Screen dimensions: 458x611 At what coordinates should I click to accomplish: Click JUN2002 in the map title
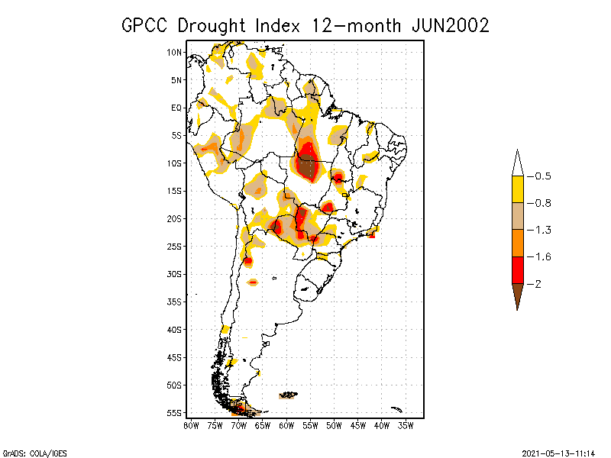[450, 24]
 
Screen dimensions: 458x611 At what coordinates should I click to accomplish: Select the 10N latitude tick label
[175, 52]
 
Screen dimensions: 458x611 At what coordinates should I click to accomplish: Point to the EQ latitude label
[176, 108]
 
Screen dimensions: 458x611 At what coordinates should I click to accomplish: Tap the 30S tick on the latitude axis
[175, 274]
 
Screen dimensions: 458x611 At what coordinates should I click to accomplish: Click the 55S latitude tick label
[175, 413]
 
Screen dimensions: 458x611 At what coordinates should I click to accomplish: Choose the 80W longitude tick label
[191, 424]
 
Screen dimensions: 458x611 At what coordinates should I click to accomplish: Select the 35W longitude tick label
[406, 424]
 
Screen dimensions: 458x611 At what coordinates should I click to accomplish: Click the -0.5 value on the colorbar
[543, 176]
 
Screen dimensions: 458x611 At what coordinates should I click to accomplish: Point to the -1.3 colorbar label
[543, 230]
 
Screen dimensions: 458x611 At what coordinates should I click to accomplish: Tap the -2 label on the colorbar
[539, 283]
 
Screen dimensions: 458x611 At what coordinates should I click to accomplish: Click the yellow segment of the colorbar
[517, 189]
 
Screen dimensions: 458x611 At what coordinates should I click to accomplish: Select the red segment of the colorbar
[517, 269]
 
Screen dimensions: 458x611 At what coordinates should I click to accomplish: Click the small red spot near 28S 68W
[248, 261]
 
